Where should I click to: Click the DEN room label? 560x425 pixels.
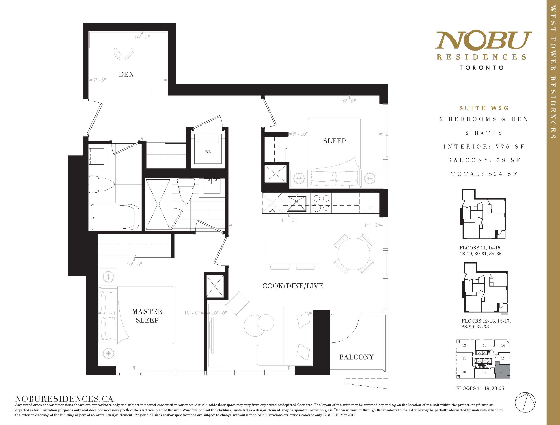[x=126, y=74]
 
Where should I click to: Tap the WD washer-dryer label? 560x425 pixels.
[x=208, y=152]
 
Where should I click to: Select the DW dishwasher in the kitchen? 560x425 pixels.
[x=272, y=203]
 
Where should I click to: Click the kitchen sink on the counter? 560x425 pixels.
[x=296, y=203]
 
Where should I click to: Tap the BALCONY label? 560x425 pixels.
[x=356, y=357]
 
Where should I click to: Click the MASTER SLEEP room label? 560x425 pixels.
[x=147, y=316]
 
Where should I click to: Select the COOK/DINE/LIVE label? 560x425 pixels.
[x=293, y=286]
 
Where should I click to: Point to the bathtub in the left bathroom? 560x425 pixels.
[x=115, y=216]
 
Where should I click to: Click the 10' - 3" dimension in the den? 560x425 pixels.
[x=142, y=37]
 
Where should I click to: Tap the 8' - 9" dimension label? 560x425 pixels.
[x=349, y=101]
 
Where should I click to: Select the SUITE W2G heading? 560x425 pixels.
[x=484, y=108]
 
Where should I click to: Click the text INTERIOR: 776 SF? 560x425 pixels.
[x=484, y=147]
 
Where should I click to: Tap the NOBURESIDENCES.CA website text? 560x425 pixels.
[x=64, y=399]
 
